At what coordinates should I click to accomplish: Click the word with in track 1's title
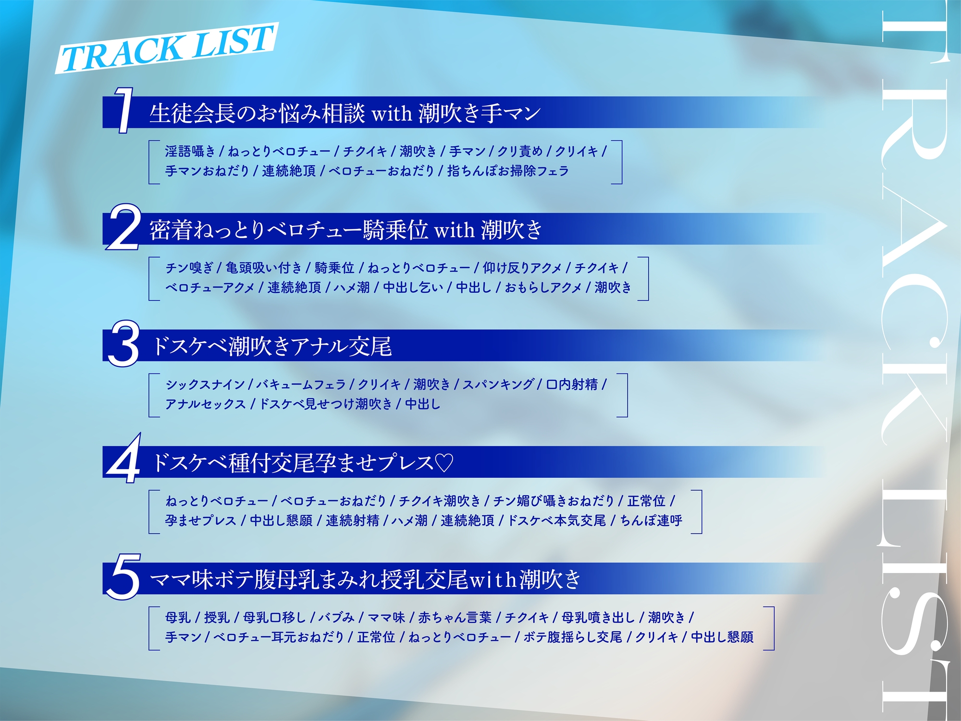(x=392, y=114)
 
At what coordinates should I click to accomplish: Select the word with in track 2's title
(x=454, y=230)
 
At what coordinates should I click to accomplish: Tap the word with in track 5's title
(x=493, y=580)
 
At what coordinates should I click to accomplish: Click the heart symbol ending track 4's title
(x=444, y=463)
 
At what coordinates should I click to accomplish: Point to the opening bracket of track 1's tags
(x=153, y=162)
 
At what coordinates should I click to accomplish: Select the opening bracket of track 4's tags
(x=153, y=511)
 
